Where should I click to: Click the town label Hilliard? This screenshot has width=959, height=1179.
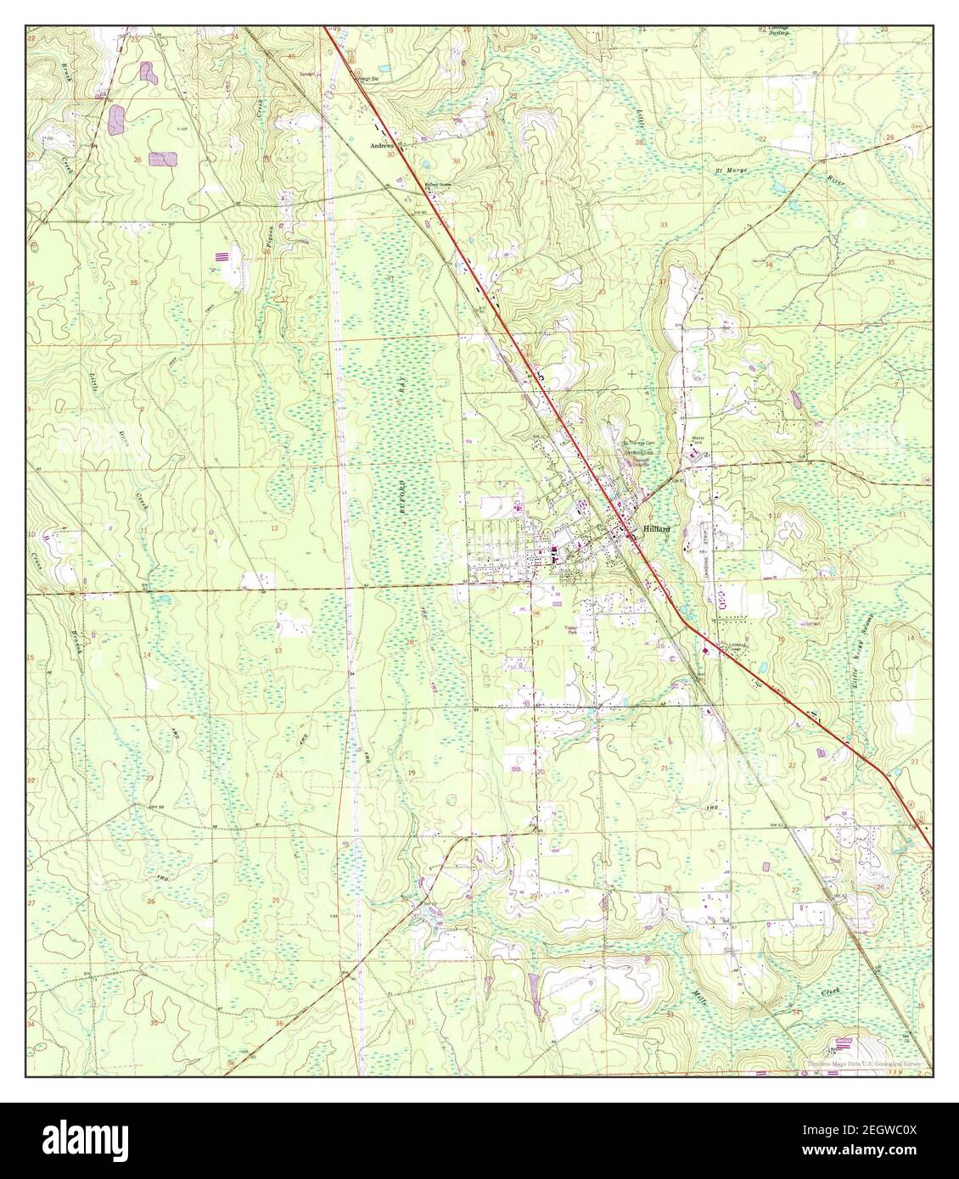pyautogui.click(x=657, y=528)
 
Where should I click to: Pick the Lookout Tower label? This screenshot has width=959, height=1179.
pyautogui.click(x=737, y=648)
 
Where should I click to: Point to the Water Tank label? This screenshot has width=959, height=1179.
pyautogui.click(x=699, y=441)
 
